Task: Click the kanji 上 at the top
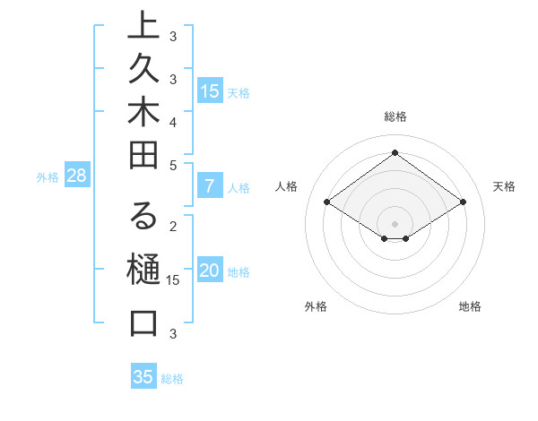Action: [143, 26]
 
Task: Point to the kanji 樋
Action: [143, 270]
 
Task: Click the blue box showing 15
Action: [210, 90]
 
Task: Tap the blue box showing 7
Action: [210, 187]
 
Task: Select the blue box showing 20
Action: [210, 271]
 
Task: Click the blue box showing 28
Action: [76, 176]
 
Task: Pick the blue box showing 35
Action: [143, 377]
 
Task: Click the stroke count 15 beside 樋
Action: [174, 280]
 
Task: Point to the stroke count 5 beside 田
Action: [173, 165]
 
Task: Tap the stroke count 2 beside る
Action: [173, 226]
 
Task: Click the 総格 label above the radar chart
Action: [395, 116]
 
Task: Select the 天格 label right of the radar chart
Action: [504, 186]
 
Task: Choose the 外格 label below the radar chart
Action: [316, 306]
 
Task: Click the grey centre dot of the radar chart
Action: [395, 223]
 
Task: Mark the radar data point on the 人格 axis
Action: [327, 202]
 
